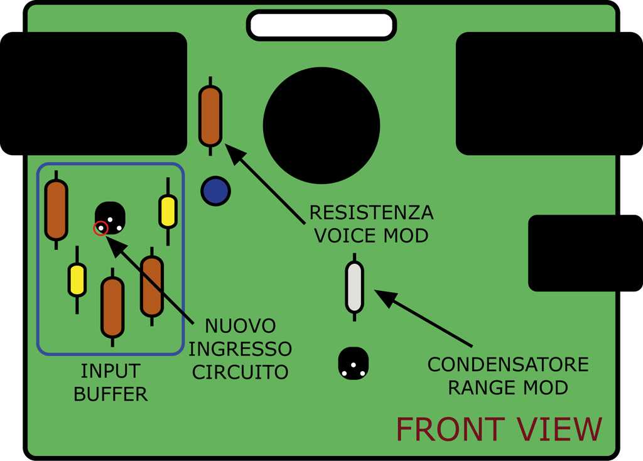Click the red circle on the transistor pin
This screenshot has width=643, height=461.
pos(100,229)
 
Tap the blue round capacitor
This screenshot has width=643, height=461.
pos(215,191)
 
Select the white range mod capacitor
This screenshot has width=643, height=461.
pos(354,287)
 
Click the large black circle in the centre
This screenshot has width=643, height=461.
pos(321,124)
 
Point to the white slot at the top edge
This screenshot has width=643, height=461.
pos(321,25)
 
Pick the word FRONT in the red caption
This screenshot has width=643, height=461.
pos(450,430)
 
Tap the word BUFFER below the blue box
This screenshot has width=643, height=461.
pos(111,394)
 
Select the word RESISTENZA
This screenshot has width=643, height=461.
pos(372,212)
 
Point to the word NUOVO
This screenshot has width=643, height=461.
pos(240,327)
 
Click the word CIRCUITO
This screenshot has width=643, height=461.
pos(240,372)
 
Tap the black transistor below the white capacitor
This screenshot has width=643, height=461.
pos(354,364)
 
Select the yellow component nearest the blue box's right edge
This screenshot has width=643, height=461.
pos(168,212)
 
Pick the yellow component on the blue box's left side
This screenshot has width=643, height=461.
pos(77,280)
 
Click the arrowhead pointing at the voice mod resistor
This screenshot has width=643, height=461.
pos(232,151)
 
